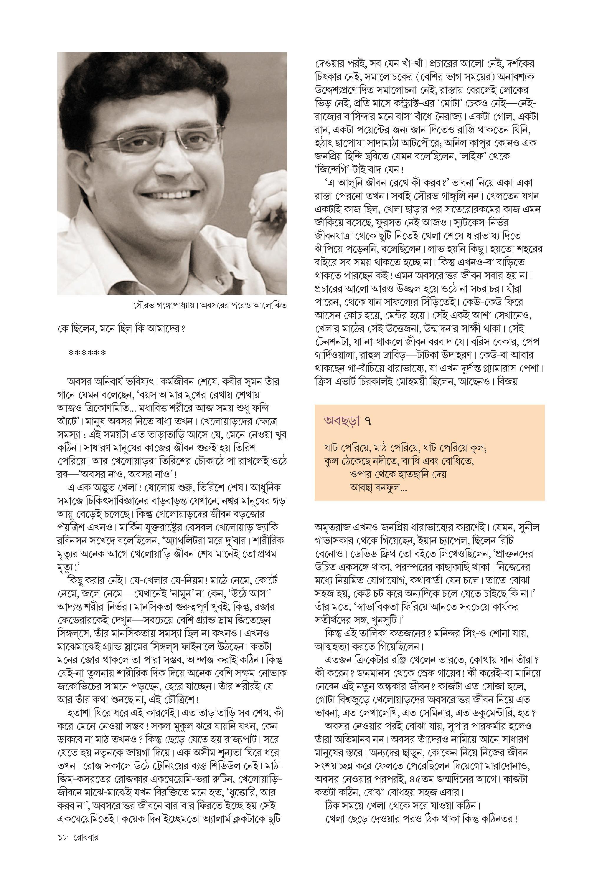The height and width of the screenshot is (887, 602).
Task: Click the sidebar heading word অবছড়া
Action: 342,421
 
